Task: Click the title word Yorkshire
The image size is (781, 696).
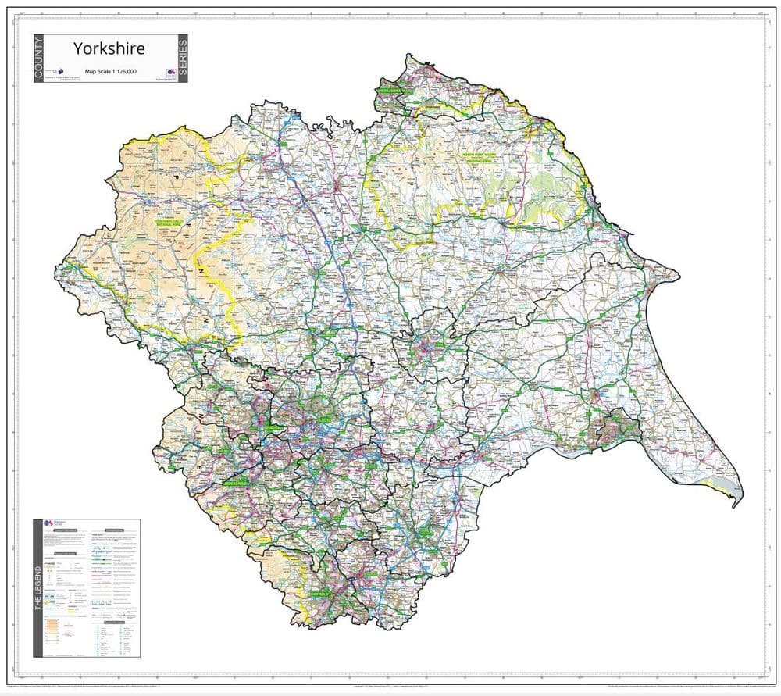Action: tap(109, 48)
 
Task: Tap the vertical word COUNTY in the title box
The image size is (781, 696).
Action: tap(38, 59)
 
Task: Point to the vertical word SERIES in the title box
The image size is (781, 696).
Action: tap(183, 59)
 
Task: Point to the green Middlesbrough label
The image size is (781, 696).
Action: tap(394, 91)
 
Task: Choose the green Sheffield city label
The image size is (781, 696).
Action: tap(321, 594)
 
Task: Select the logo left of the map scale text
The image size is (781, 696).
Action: tap(62, 71)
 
